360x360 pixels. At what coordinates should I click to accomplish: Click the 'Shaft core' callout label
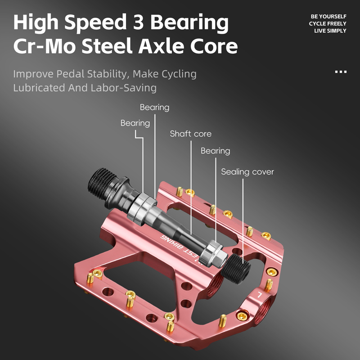pyautogui.click(x=190, y=134)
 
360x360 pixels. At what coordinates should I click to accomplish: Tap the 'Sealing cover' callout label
pyautogui.click(x=247, y=172)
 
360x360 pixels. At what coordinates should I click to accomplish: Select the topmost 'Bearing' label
pyautogui.click(x=154, y=108)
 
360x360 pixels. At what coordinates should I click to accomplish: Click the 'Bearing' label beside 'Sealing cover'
pyautogui.click(x=216, y=151)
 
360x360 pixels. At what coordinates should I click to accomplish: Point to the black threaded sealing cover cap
pyautogui.click(x=236, y=269)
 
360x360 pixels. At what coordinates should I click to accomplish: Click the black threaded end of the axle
pyautogui.click(x=102, y=183)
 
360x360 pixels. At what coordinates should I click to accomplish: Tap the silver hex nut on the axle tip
pyautogui.click(x=213, y=254)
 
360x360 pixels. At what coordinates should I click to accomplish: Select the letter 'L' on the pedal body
pyautogui.click(x=260, y=295)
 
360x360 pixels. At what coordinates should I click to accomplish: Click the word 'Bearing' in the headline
pyautogui.click(x=189, y=23)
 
